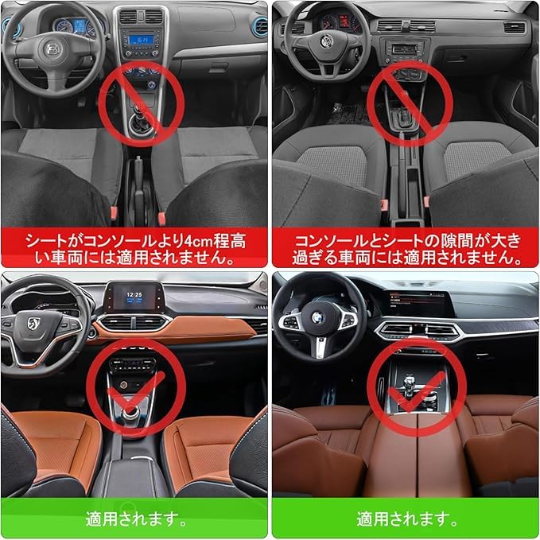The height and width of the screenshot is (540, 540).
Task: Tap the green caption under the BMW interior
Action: coord(405,519)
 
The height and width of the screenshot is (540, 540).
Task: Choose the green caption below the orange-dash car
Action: coord(134,519)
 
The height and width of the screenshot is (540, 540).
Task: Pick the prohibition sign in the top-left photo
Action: coord(141,103)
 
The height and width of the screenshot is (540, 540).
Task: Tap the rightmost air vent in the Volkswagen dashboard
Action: coord(514,28)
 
